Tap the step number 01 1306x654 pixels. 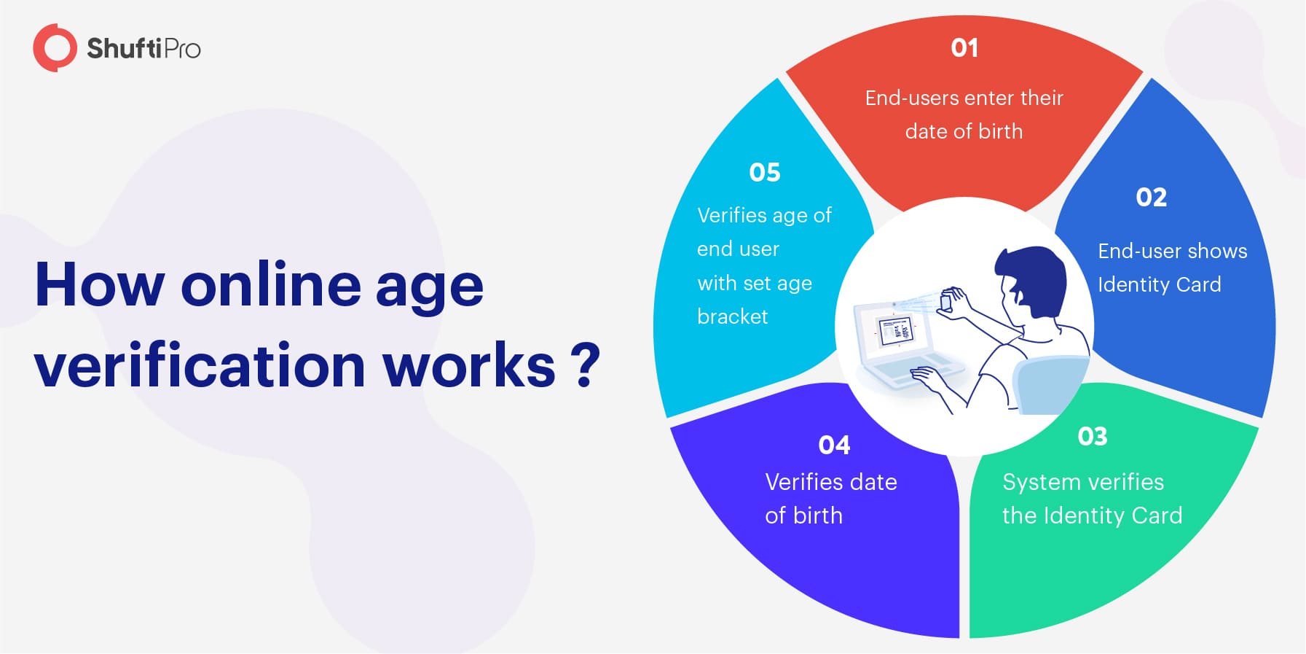(964, 48)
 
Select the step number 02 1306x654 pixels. (1151, 198)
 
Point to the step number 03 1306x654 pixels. (1093, 436)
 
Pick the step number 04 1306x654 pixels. (834, 445)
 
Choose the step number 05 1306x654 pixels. (764, 172)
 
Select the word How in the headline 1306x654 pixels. (99, 284)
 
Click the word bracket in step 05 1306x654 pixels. (732, 316)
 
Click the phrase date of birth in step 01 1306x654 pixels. (964, 131)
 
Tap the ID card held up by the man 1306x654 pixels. (945, 300)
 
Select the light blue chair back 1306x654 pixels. (1050, 384)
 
